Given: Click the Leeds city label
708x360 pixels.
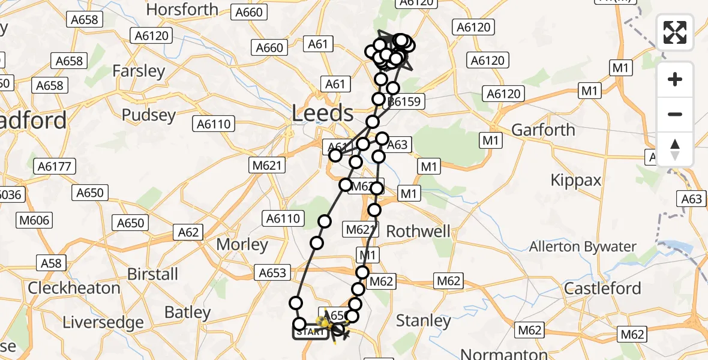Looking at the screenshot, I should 323,113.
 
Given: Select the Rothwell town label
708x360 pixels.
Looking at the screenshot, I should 418,231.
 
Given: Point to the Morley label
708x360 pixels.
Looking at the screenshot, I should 242,245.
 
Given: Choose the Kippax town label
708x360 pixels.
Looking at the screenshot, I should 576,179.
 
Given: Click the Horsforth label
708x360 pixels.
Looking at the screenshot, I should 182,10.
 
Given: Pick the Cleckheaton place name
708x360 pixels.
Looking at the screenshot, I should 74,287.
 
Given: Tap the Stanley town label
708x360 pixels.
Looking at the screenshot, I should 424,320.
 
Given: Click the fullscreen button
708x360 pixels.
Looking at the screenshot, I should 675,32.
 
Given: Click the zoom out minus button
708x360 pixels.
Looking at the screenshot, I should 675,114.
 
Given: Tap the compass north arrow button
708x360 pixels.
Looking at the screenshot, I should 675,149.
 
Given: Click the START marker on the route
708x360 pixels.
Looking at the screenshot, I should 310,331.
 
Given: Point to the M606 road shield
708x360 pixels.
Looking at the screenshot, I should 34,220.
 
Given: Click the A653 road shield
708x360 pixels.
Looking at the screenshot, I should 272,272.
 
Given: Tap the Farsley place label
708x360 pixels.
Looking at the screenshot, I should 139,71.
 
